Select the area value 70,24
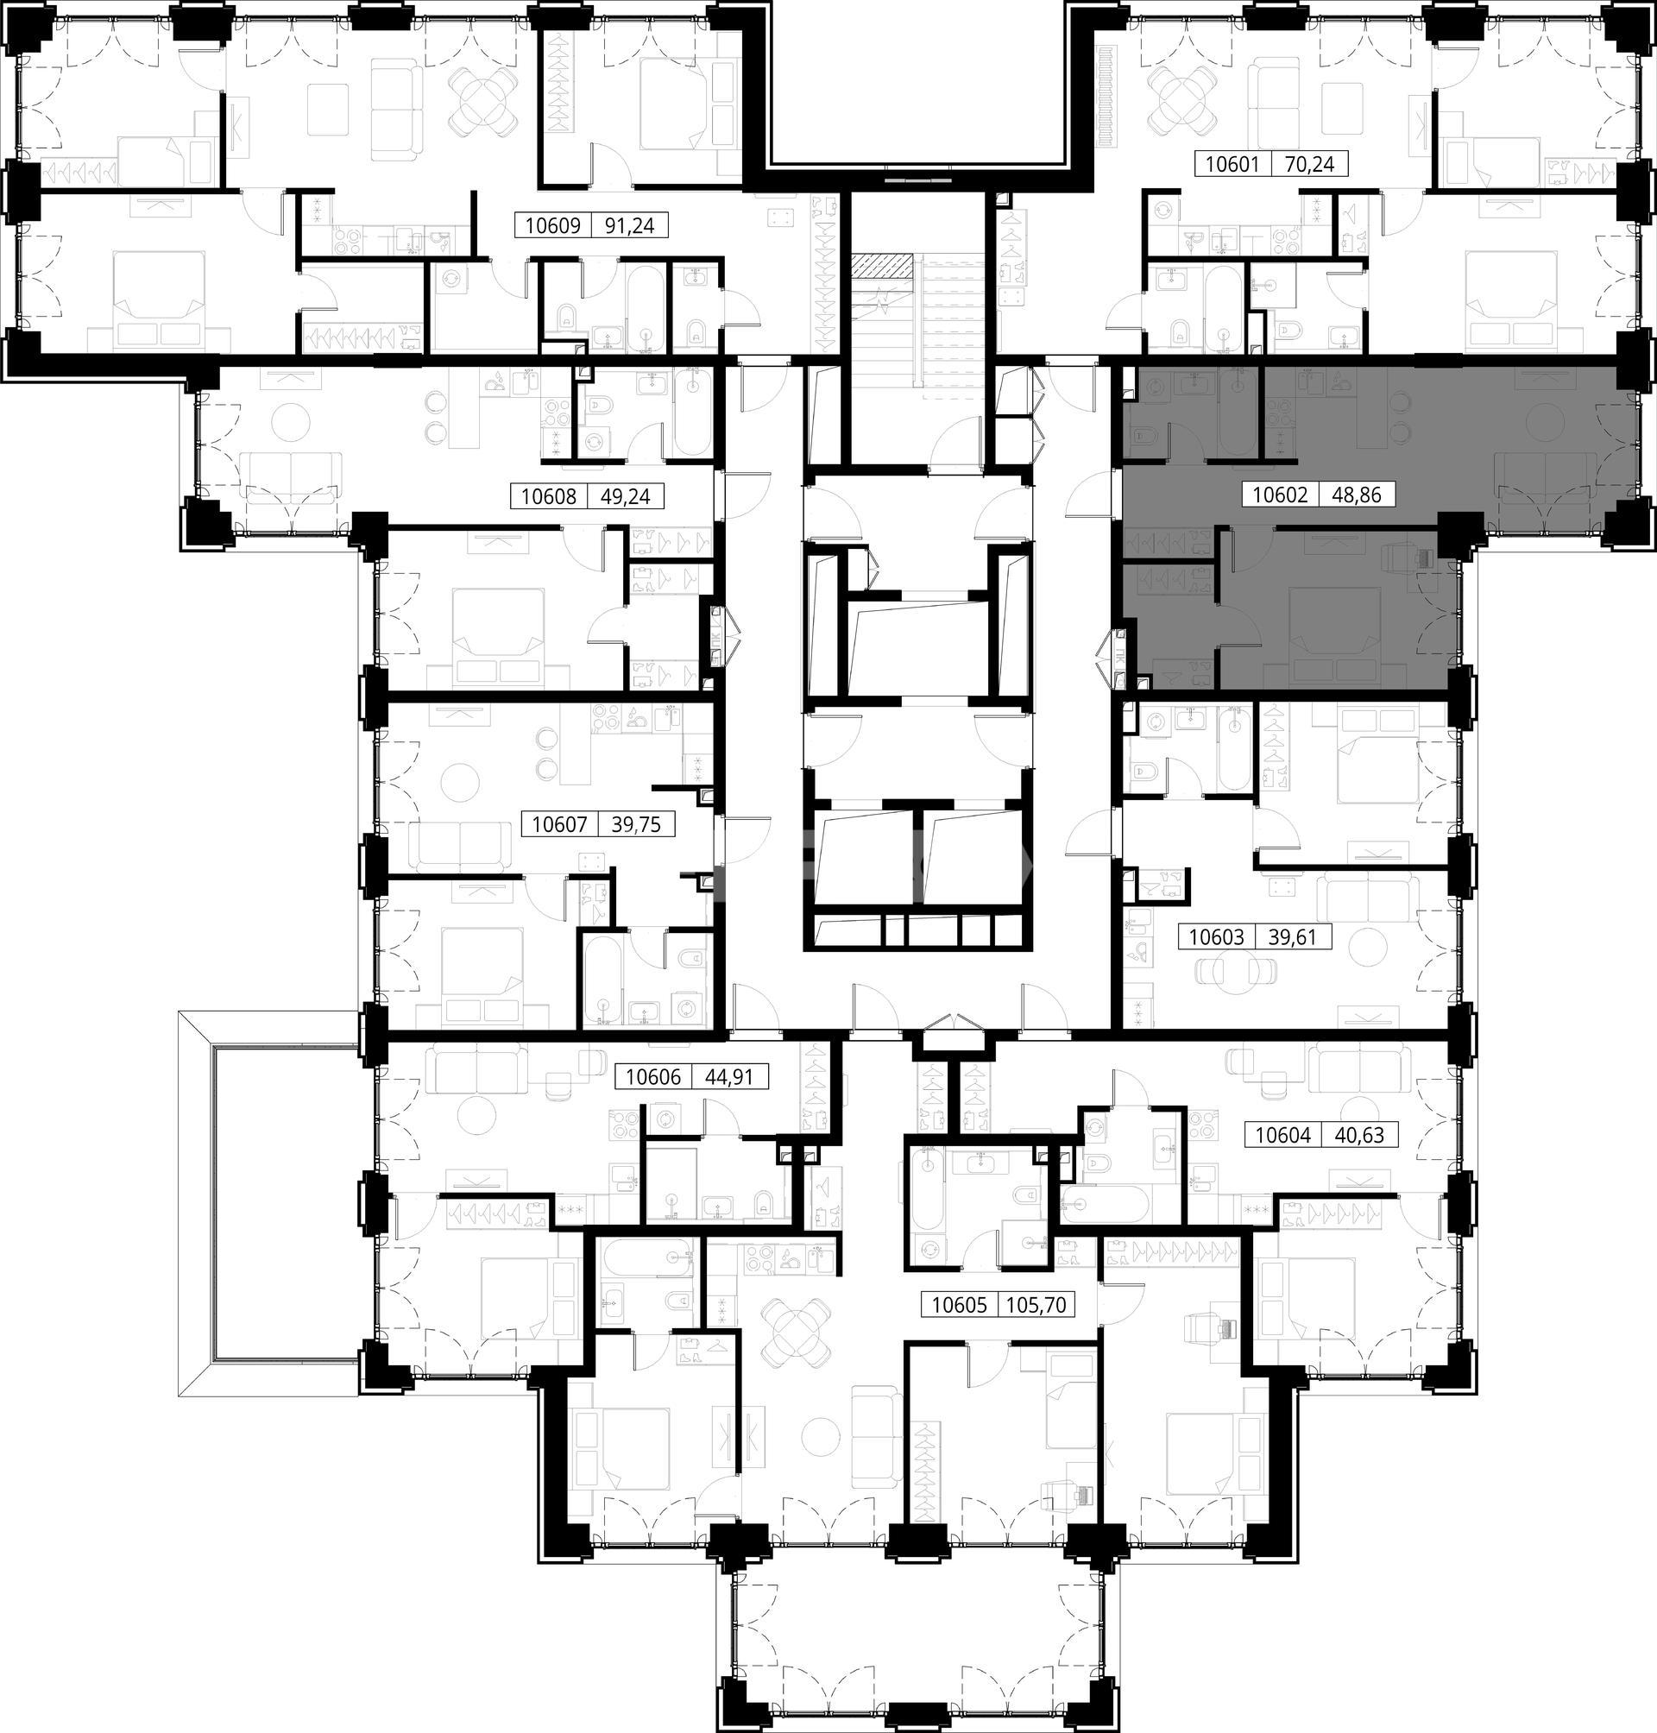pos(1309,163)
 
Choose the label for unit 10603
pos(1216,937)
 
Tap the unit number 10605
pos(958,1305)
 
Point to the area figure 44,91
pos(730,1077)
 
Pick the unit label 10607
pos(559,825)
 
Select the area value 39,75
pos(636,825)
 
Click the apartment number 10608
pos(548,496)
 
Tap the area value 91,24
pos(629,226)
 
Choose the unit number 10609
pos(552,226)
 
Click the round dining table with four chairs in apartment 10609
pos(482,101)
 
